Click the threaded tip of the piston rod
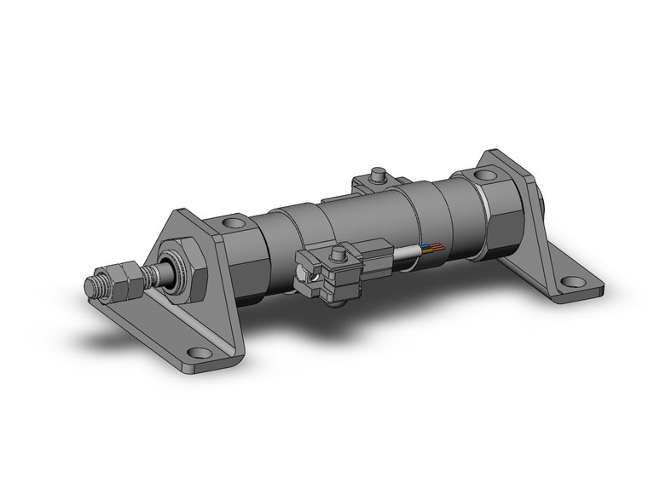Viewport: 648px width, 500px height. pyautogui.click(x=96, y=286)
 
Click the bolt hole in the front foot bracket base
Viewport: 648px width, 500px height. pyautogui.click(x=199, y=352)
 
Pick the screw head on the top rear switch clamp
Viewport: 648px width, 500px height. pyautogui.click(x=375, y=175)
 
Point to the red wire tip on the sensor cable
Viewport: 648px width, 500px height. pyautogui.click(x=439, y=245)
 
